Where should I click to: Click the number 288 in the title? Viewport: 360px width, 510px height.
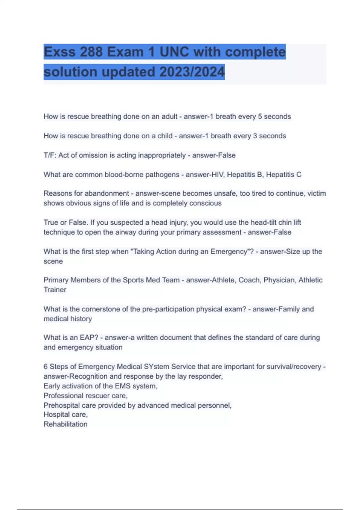pos(91,52)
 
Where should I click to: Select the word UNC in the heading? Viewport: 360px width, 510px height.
pos(174,52)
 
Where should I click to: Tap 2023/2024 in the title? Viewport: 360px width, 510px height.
pos(192,72)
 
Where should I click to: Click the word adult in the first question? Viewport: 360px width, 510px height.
pos(169,116)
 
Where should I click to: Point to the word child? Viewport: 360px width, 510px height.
pos(165,136)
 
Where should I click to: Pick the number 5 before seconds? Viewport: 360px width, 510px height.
pos(260,116)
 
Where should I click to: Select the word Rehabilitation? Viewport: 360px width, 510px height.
pos(65,424)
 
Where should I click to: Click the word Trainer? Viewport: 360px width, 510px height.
pos(55,290)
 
